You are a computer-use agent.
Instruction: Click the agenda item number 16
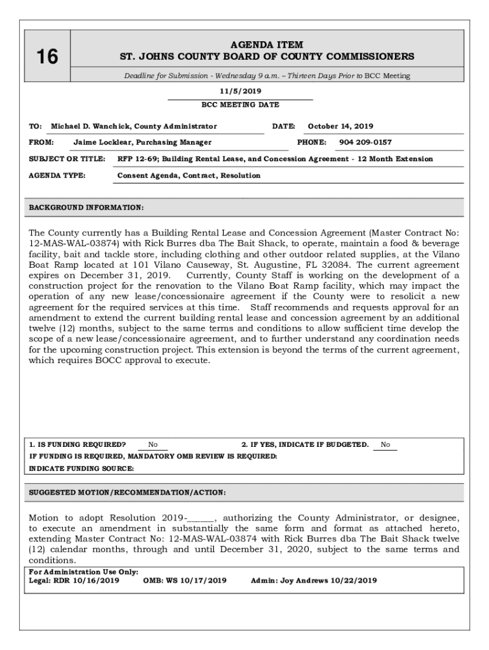point(46,57)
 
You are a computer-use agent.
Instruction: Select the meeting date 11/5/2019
point(240,91)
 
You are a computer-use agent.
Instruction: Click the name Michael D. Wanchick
point(88,126)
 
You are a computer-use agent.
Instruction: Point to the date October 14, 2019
point(340,126)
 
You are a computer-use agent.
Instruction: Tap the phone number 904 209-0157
point(365,142)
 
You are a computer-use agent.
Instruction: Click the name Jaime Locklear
point(100,142)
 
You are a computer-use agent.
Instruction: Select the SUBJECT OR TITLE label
point(67,159)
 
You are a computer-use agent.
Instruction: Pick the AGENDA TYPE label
point(57,175)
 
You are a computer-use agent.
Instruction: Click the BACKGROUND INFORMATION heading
point(86,208)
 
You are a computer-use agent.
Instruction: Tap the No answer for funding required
point(153,445)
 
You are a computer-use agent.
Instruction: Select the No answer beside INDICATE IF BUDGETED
point(385,445)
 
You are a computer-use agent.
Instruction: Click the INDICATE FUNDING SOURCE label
point(81,468)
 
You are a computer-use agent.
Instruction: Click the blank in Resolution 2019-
point(202,518)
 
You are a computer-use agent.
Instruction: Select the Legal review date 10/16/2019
point(96,580)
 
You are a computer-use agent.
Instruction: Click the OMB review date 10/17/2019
point(204,580)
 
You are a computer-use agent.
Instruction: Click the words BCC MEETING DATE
point(240,105)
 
